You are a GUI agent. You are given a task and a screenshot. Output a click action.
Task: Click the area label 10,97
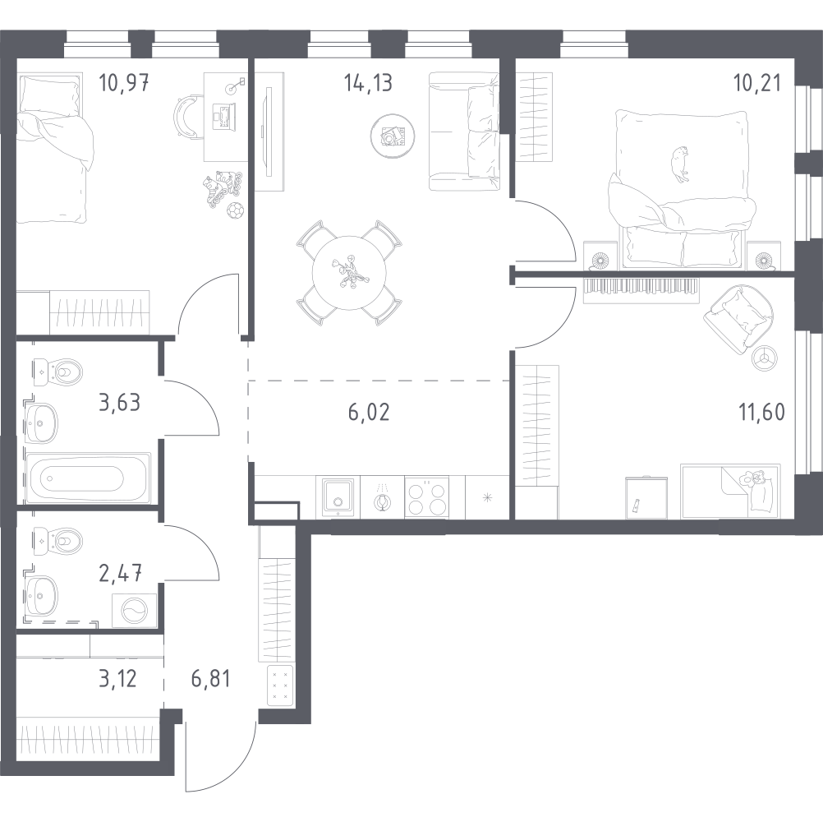124,83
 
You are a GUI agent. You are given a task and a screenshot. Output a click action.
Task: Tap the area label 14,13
369,83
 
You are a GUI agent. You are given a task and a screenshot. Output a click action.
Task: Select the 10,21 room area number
757,83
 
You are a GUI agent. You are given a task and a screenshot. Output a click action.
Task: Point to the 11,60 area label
762,413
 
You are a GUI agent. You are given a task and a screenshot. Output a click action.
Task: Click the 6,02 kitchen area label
369,413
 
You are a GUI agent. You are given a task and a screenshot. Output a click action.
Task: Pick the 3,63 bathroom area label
120,403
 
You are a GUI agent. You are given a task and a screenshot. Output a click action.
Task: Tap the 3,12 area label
117,679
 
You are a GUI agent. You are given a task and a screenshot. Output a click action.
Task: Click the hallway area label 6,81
210,679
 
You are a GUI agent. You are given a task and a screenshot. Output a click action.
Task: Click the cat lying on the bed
680,164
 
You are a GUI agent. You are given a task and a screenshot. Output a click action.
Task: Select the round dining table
349,273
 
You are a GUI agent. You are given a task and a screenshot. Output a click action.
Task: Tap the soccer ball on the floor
235,211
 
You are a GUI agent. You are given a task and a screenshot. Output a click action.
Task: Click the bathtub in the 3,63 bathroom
88,478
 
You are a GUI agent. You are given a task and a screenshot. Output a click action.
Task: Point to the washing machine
135,610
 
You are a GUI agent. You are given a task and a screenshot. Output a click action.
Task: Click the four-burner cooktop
427,497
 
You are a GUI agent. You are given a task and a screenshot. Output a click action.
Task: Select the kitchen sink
338,496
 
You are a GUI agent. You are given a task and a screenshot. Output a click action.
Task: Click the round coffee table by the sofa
393,136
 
